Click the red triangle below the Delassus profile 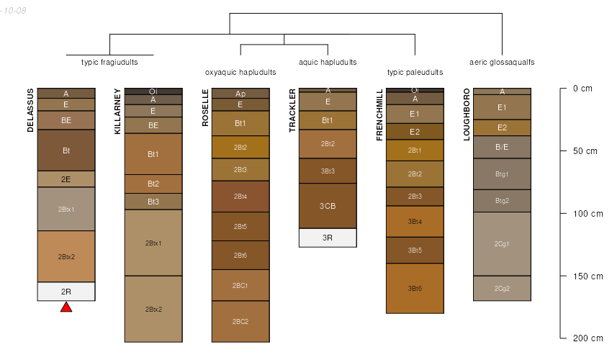(x=66, y=307)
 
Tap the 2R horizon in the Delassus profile (x=66, y=292)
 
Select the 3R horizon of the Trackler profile (x=328, y=238)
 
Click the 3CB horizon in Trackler (x=328, y=206)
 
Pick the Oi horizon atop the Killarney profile (x=153, y=91)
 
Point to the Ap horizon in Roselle (x=240, y=94)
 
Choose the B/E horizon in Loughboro (x=502, y=147)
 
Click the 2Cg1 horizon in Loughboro (x=502, y=243)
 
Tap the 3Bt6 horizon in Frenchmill (x=415, y=288)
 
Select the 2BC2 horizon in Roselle (x=240, y=321)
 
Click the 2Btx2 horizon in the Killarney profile (x=153, y=309)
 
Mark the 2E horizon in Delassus (x=66, y=179)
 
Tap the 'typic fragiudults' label (x=109, y=63)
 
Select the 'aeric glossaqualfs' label (x=502, y=63)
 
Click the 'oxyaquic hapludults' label (x=240, y=73)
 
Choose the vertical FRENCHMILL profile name (x=379, y=115)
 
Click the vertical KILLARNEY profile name (x=118, y=111)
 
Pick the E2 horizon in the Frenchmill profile (x=415, y=132)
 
